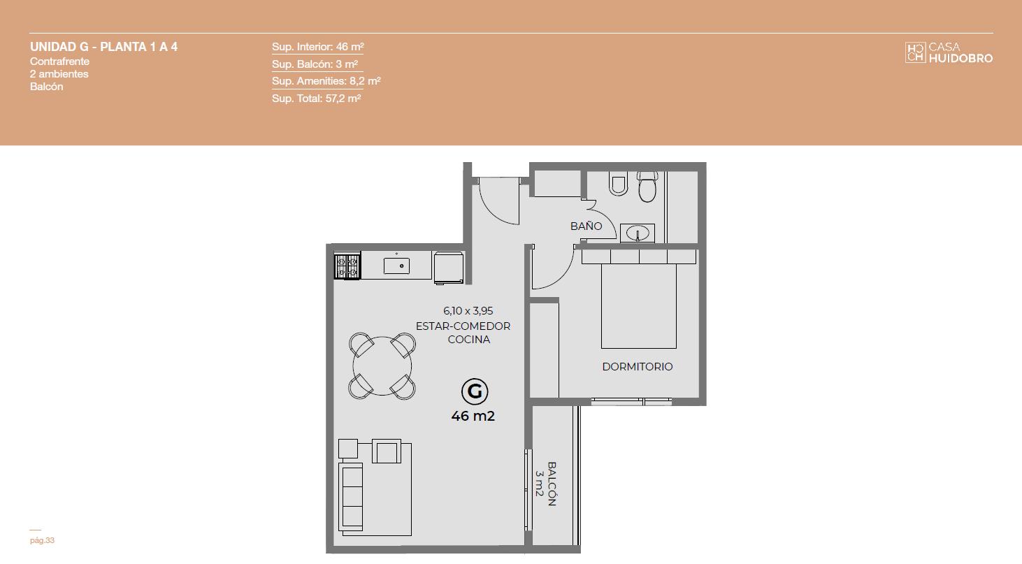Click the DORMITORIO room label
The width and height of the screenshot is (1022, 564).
pyautogui.click(x=638, y=366)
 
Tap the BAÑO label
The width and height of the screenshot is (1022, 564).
pyautogui.click(x=586, y=226)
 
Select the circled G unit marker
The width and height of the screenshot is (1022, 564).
pyautogui.click(x=475, y=391)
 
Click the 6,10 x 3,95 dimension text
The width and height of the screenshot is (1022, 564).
pyautogui.click(x=468, y=311)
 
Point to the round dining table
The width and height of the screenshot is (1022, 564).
pyautogui.click(x=382, y=366)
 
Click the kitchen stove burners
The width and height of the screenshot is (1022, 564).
pyautogui.click(x=347, y=266)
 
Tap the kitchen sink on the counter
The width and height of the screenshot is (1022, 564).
pyautogui.click(x=396, y=266)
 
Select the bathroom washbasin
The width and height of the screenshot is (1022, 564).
pyautogui.click(x=638, y=233)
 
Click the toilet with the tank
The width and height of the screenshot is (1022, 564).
pyautogui.click(x=647, y=187)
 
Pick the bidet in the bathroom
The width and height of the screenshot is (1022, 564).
pyautogui.click(x=618, y=183)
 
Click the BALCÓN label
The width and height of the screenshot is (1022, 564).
pyautogui.click(x=552, y=484)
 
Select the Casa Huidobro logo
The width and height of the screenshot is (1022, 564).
pyautogui.click(x=949, y=52)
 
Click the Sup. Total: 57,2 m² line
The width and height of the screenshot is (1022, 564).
pyautogui.click(x=316, y=98)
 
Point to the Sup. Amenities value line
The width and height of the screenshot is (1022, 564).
pyautogui.click(x=326, y=81)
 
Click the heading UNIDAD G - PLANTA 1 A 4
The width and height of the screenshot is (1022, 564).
pyautogui.click(x=103, y=47)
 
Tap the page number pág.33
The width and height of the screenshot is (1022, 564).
pyautogui.click(x=42, y=540)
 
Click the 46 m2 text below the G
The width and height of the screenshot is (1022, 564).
pyautogui.click(x=473, y=416)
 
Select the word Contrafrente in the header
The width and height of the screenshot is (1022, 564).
pyautogui.click(x=60, y=61)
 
